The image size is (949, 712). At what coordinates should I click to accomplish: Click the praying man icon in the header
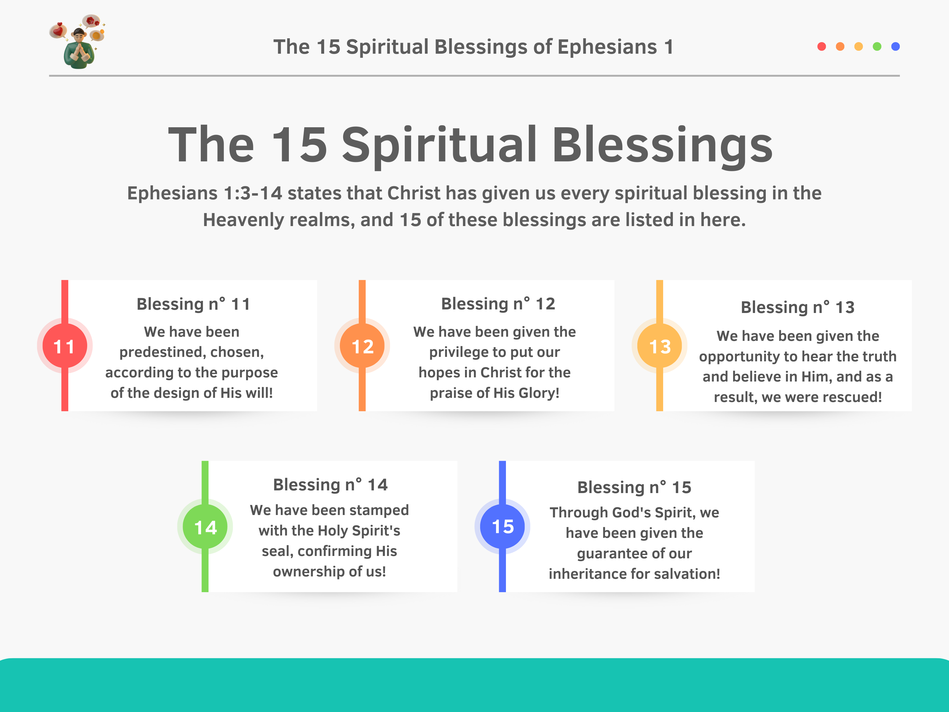tap(77, 42)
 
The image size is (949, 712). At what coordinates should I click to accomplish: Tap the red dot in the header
tap(821, 46)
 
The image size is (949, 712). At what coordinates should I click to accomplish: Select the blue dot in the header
tap(895, 46)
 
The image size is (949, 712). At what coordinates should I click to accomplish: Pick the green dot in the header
tap(877, 46)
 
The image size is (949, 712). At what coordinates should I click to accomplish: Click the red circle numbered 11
tap(65, 346)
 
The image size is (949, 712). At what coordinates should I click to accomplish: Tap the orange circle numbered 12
tap(362, 346)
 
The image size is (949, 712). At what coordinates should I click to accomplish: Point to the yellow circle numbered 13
tap(660, 346)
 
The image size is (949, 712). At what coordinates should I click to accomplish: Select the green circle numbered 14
tap(205, 527)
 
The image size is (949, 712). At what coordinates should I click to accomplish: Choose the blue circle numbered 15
tap(502, 527)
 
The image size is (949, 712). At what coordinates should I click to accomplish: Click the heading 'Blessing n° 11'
tap(193, 304)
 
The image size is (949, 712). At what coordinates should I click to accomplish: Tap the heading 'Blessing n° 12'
tap(498, 303)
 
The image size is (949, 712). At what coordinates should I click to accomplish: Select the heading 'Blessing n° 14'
tap(330, 484)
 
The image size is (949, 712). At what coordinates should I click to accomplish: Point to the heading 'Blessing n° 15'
tap(634, 487)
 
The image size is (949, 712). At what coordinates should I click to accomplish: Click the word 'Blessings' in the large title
tap(663, 145)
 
